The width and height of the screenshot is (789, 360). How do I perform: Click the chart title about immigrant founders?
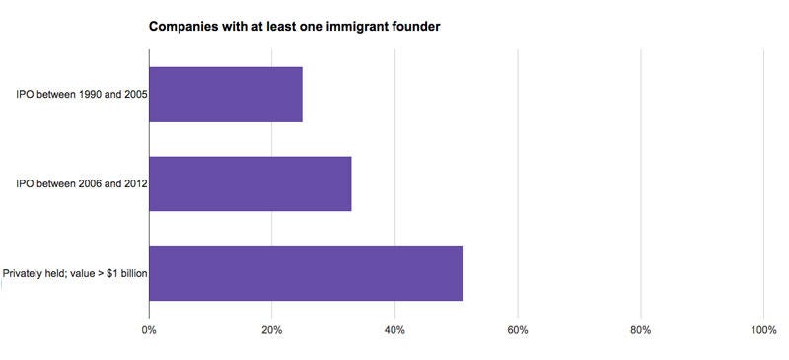pos(294,26)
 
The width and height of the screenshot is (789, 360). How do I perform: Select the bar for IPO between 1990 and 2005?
pos(226,95)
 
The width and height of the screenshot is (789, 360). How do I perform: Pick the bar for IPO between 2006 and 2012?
pos(251,183)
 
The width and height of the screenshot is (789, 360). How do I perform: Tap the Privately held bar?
pos(306,272)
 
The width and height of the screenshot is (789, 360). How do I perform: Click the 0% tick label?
pos(149,329)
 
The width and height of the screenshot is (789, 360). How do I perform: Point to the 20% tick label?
pos(272,329)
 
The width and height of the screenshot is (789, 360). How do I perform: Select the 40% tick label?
pos(394,329)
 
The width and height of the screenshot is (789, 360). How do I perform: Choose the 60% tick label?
pos(518,329)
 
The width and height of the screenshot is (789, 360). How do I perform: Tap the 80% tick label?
pos(641,329)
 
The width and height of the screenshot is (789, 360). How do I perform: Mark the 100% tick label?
pos(762,329)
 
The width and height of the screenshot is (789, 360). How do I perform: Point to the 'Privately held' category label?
pos(75,272)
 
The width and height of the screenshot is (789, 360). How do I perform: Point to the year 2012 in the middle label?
pos(135,183)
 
